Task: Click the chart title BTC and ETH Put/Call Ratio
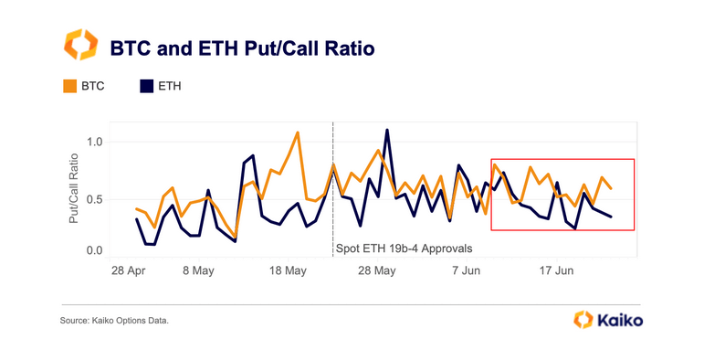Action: click(x=241, y=48)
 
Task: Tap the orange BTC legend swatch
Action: click(x=69, y=87)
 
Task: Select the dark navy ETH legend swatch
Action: click(x=145, y=87)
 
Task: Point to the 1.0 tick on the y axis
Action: click(x=93, y=143)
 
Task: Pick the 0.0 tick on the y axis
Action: click(x=93, y=249)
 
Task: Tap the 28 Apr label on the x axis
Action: click(x=129, y=271)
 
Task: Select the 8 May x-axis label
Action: click(x=198, y=271)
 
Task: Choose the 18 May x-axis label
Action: click(x=288, y=271)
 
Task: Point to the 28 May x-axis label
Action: click(x=376, y=271)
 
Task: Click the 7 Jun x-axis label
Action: click(x=467, y=271)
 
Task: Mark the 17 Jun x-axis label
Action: click(x=556, y=271)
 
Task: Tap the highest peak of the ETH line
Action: click(x=387, y=130)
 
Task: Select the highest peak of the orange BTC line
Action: click(x=298, y=132)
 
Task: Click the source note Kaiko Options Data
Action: click(x=115, y=321)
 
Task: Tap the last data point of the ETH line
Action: click(x=611, y=217)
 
